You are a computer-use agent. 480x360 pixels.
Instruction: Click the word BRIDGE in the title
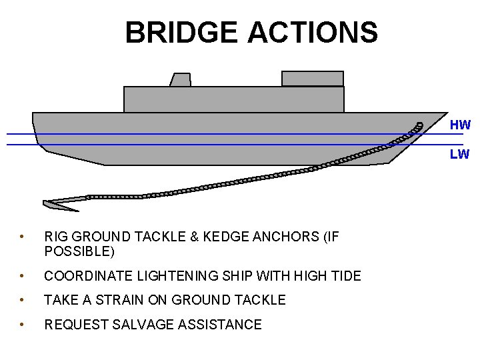[181, 32]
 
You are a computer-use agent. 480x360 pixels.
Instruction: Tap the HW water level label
[460, 125]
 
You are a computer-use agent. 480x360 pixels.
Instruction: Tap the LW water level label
[459, 155]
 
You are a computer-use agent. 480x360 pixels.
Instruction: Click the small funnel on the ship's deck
[180, 80]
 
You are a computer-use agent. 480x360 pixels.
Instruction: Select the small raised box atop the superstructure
[312, 79]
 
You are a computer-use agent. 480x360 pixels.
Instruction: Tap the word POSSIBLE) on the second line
[79, 251]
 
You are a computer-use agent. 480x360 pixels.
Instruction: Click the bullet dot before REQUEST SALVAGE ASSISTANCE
[22, 325]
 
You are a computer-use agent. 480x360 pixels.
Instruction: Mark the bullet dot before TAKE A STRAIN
[22, 300]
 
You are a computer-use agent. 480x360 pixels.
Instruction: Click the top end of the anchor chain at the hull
[419, 125]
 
